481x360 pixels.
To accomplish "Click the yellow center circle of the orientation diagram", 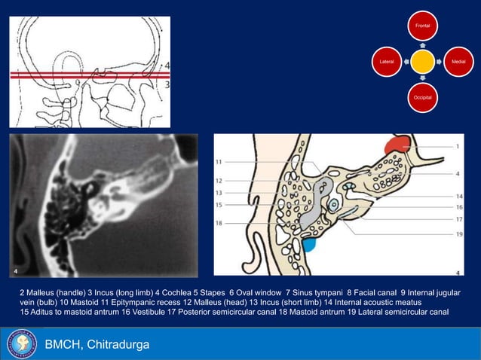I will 423,60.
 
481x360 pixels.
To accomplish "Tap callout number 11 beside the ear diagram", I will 219,162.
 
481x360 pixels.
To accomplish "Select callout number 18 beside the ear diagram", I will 219,224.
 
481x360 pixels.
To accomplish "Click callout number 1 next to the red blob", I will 458,145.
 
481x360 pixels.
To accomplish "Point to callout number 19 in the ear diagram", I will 458,233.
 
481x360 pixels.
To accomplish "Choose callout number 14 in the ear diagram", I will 458,195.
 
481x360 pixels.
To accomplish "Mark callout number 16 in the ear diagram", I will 458,206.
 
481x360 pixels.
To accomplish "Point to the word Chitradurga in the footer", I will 118,345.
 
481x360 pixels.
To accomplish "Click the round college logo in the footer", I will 22,344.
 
